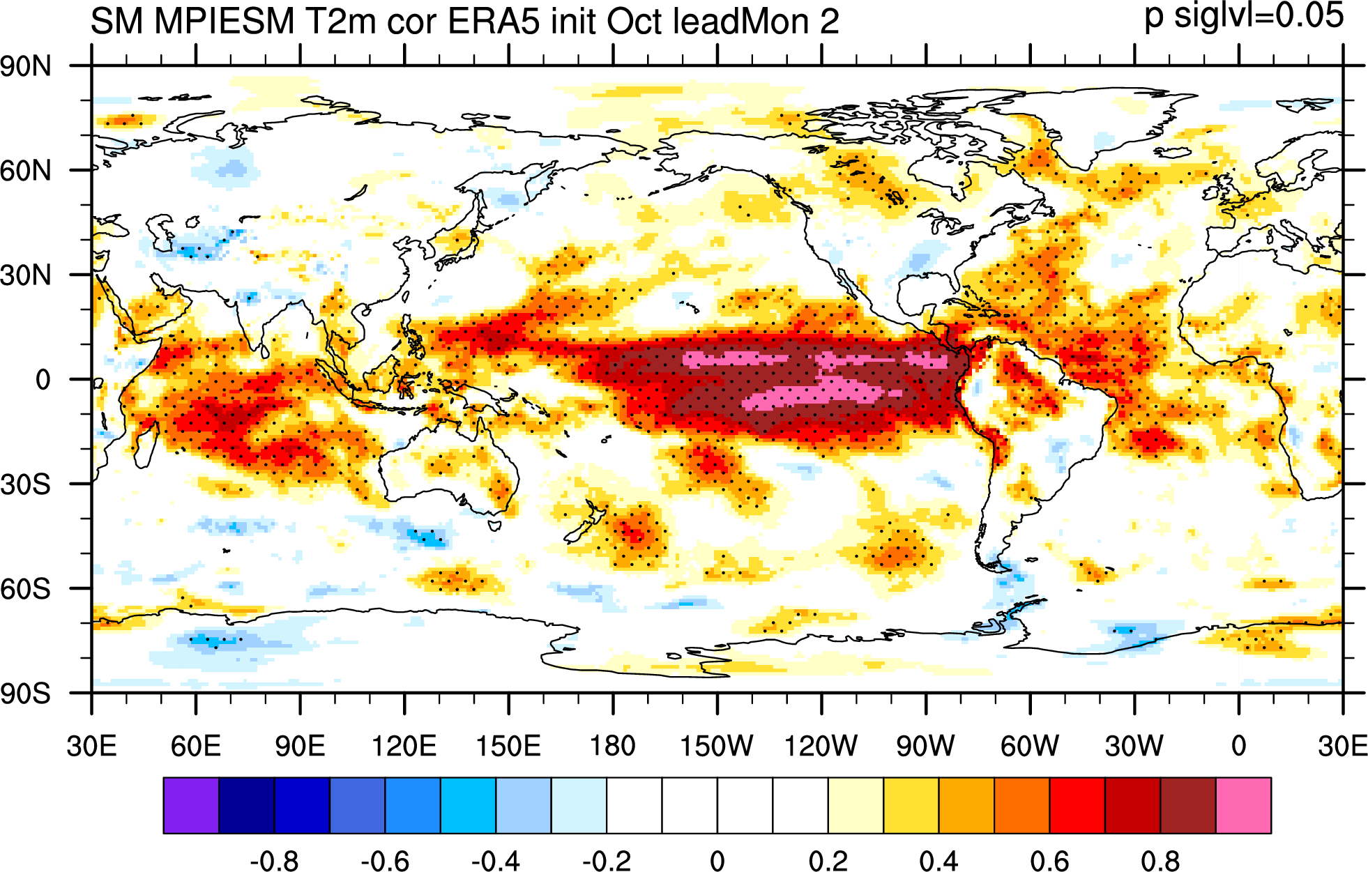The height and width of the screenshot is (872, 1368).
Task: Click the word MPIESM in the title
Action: [x=224, y=22]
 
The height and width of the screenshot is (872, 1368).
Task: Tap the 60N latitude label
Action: [x=26, y=170]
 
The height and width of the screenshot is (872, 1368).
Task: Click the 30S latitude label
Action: [x=26, y=484]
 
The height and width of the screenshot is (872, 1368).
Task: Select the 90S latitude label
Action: [x=26, y=694]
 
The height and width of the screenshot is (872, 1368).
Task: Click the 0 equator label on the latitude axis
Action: [x=43, y=380]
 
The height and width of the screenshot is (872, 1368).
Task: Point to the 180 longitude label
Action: [x=613, y=746]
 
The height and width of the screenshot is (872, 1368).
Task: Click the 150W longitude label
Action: [x=717, y=746]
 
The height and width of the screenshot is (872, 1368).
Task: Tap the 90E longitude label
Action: [x=300, y=746]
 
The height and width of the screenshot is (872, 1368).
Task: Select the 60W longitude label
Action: [x=1030, y=746]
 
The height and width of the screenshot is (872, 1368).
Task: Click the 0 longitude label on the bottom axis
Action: [x=1239, y=746]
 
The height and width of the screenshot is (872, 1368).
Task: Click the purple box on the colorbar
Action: [x=191, y=806]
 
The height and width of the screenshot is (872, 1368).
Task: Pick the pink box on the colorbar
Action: [x=1243, y=806]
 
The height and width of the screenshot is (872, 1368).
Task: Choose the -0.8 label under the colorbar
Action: [x=275, y=862]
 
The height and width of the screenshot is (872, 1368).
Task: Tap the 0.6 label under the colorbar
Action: [x=1049, y=862]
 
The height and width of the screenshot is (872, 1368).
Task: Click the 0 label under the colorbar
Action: [x=717, y=862]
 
